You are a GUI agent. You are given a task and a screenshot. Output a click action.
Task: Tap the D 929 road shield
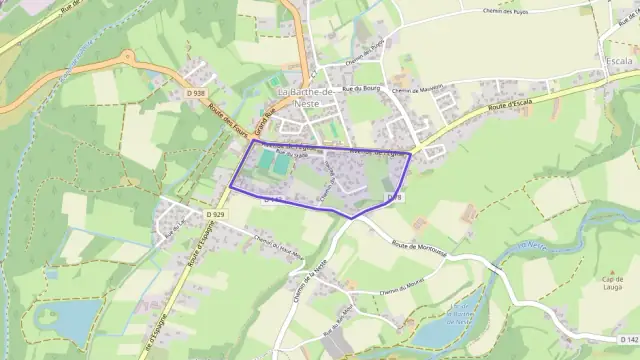click(212, 215)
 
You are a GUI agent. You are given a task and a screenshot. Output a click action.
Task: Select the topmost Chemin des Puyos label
click(506, 12)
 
